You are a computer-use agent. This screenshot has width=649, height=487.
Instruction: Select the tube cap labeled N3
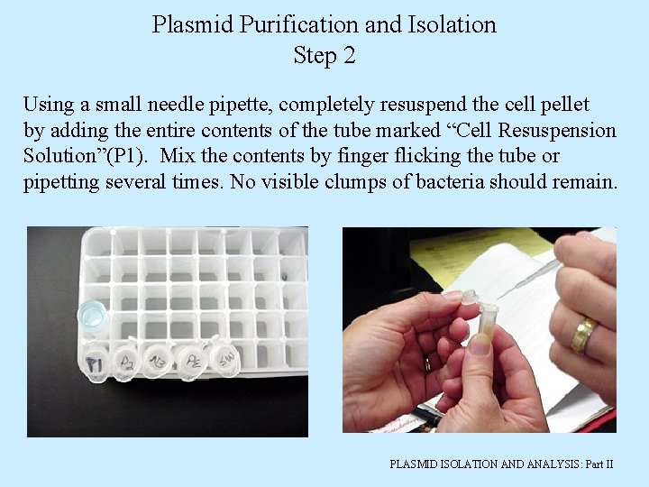pyautogui.click(x=160, y=361)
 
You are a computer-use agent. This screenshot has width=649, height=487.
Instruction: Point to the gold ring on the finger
pyautogui.click(x=584, y=335)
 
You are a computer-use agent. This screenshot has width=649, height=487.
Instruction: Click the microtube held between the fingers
pyautogui.click(x=488, y=325)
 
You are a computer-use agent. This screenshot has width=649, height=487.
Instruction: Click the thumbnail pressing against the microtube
pyautogui.click(x=480, y=344)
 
